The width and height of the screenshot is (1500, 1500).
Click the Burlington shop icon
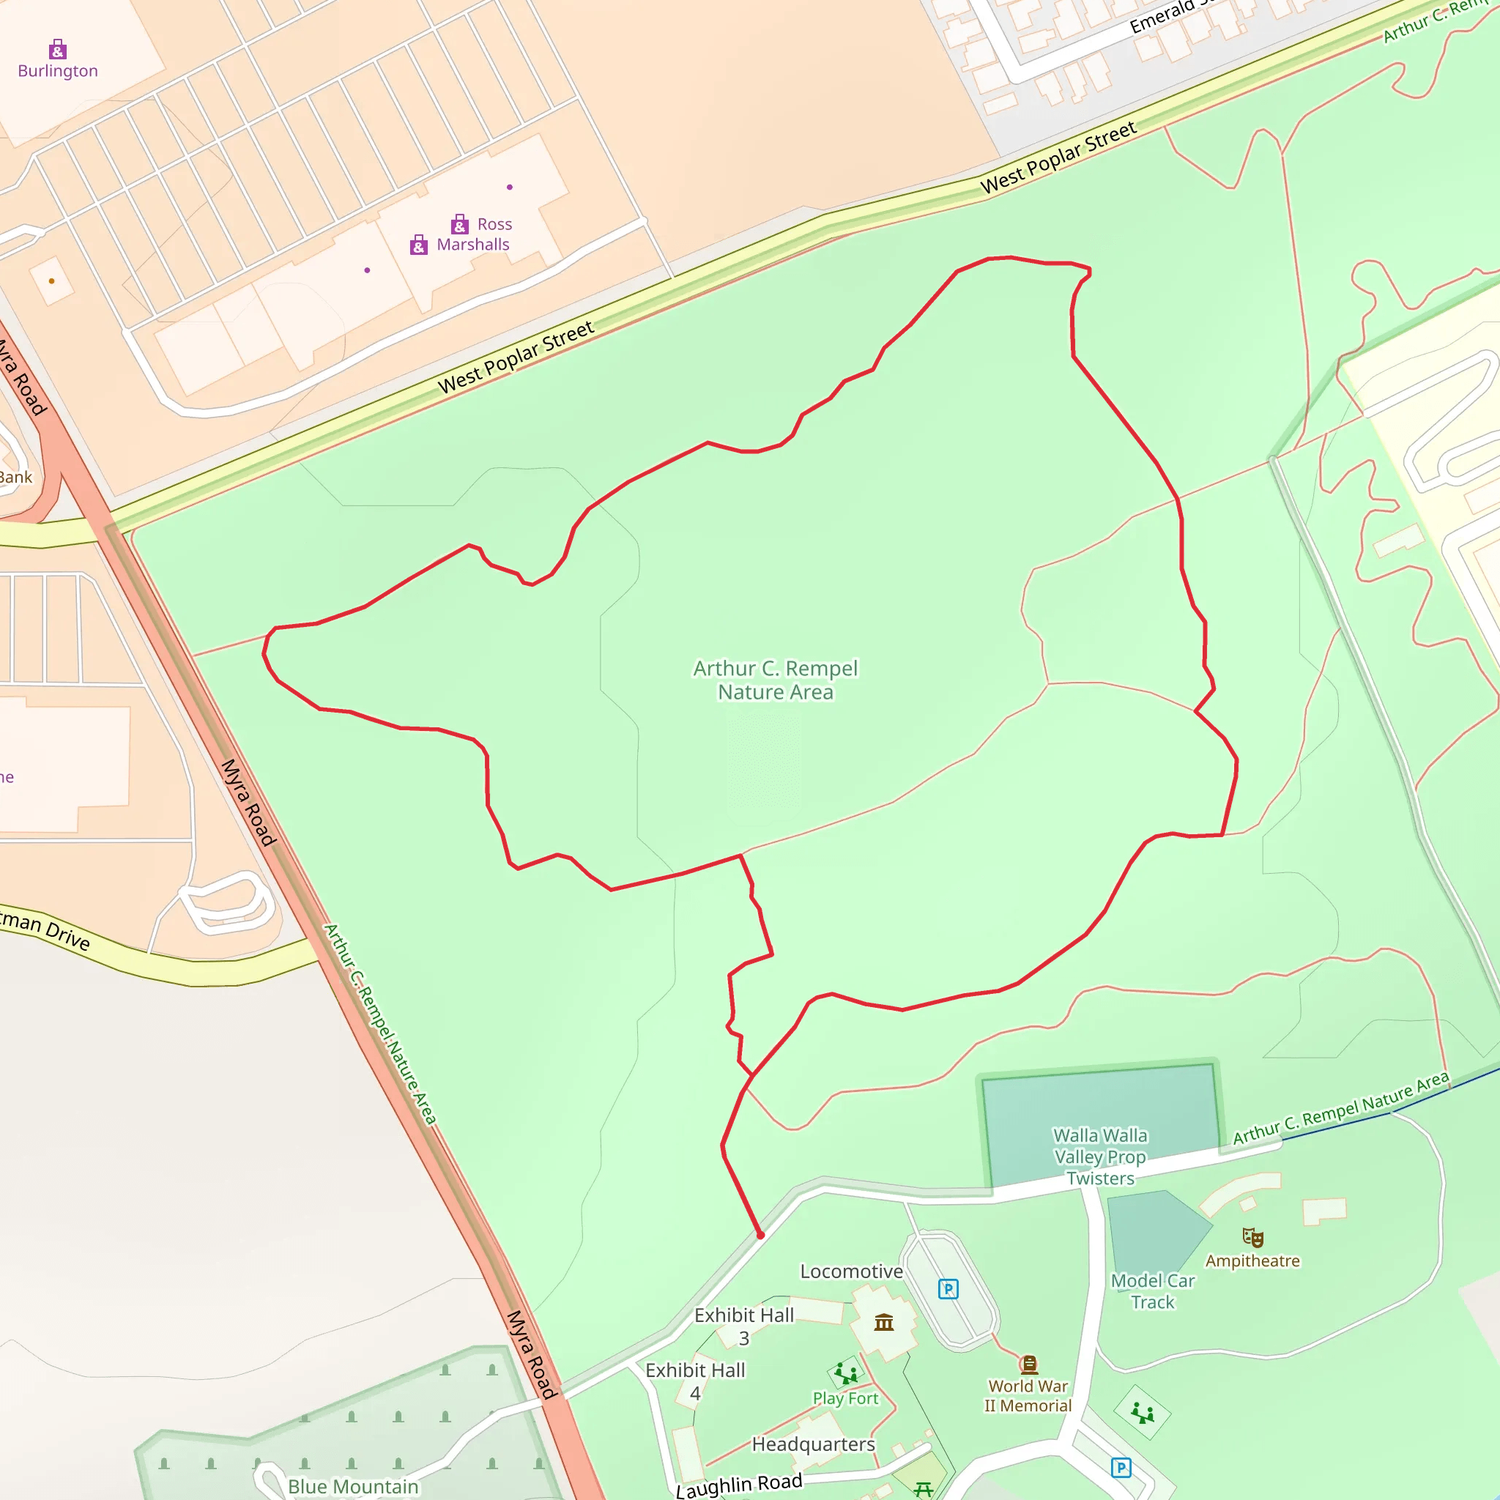click(57, 50)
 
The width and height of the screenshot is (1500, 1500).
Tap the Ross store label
click(494, 224)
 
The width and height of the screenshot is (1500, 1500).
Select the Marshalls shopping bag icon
click(418, 245)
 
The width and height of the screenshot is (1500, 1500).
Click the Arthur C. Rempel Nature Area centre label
click(775, 680)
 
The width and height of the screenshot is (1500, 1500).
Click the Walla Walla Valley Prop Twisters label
click(1099, 1156)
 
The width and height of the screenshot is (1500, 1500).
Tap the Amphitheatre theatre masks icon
click(1252, 1238)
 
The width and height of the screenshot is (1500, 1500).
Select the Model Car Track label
click(1152, 1291)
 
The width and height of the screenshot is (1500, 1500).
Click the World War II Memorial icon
click(1029, 1364)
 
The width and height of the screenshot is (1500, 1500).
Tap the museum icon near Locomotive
click(883, 1322)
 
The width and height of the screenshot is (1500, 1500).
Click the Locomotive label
click(851, 1271)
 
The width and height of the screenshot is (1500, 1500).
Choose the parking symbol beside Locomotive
click(948, 1289)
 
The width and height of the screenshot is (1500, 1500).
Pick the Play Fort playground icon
click(845, 1373)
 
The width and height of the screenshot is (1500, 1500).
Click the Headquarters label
click(813, 1444)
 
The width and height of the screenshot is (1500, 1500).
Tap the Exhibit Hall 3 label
click(744, 1327)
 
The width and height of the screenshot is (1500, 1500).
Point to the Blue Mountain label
click(353, 1486)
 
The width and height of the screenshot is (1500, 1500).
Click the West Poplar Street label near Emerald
click(1058, 157)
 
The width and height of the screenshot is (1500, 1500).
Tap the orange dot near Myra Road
click(52, 281)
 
